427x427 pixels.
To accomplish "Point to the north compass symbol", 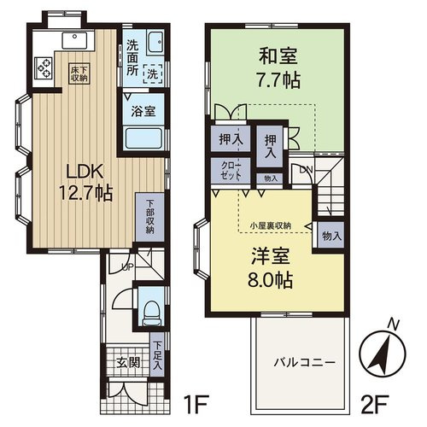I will (384, 350).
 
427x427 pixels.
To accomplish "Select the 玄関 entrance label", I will (126, 361).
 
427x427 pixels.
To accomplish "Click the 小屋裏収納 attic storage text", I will (270, 225).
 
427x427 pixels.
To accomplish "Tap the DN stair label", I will (307, 172).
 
